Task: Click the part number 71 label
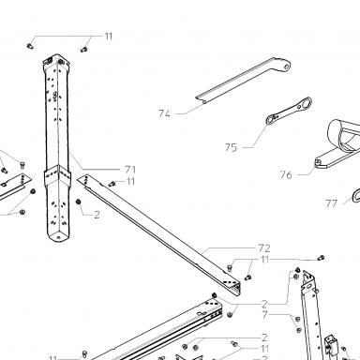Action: point(130,170)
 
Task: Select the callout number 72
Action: point(264,248)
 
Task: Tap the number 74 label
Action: point(164,113)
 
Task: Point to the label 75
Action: point(231,147)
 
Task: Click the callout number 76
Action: point(286,175)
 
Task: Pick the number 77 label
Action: point(332,203)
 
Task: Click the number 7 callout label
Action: point(265,315)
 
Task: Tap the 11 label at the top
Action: point(108,37)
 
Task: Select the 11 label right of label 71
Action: point(130,182)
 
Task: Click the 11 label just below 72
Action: point(264,260)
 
